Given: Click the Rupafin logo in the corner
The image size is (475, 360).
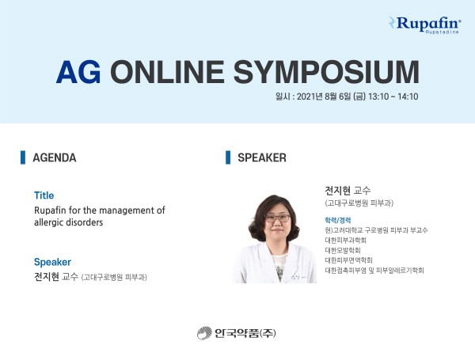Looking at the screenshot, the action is pos(425,25).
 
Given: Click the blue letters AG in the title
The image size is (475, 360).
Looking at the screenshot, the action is pos(78,72).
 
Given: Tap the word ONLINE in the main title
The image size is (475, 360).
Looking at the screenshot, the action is pos(167,72).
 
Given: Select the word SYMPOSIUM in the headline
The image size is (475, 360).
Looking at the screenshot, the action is pos(326,72).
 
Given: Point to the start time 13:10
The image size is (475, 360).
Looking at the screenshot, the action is pos(378,97).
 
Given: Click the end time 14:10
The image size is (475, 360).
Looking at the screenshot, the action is pos(408,97).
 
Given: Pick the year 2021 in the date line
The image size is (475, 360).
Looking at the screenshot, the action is pos(306,97).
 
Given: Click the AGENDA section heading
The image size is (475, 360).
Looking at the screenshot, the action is pos(55,157).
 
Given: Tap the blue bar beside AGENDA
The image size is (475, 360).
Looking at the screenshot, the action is pos(23,157).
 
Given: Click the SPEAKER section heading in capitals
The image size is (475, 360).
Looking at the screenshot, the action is pos(262,157).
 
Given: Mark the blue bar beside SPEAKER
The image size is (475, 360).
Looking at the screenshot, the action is pos(228,157).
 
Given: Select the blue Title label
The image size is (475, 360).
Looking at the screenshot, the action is pos(44,195).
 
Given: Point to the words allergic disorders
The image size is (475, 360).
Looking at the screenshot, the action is pos(68,222).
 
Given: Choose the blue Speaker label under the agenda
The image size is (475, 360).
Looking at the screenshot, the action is pos(52,262).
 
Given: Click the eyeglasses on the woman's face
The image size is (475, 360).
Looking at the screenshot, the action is pos(278,218).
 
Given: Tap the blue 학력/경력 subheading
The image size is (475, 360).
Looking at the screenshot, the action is pos(338,220).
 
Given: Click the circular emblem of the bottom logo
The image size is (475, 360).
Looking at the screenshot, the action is pos(204,333).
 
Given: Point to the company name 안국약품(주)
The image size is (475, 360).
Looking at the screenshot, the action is pos(245,333).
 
